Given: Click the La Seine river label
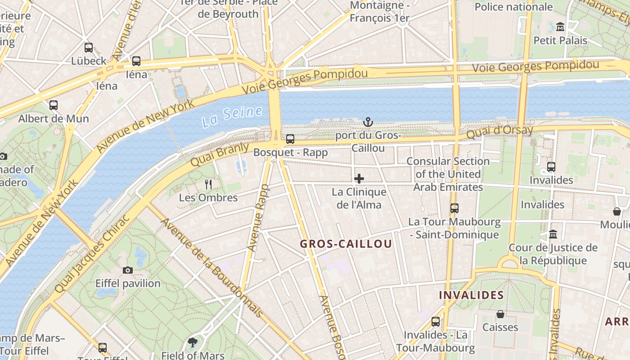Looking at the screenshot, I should (x=232, y=116).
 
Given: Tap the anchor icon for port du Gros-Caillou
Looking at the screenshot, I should (x=368, y=121).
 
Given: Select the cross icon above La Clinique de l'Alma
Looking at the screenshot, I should (x=359, y=179).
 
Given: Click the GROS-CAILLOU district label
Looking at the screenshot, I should (x=346, y=244).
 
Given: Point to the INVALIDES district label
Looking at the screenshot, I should (x=471, y=295).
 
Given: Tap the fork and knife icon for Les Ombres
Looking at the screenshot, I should (x=208, y=184).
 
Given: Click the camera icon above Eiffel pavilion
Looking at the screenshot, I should (x=128, y=270).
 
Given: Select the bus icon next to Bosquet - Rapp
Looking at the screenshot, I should (x=290, y=139).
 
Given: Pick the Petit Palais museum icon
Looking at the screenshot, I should (x=560, y=27).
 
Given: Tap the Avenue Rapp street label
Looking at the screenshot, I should (x=258, y=218).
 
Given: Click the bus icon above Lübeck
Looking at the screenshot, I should (x=89, y=47).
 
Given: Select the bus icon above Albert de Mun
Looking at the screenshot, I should (x=54, y=105).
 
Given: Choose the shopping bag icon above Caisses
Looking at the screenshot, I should (x=500, y=314).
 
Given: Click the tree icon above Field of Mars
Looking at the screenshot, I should (x=193, y=342).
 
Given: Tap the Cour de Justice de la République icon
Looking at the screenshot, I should (x=553, y=234).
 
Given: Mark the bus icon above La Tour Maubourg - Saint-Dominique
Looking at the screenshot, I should (x=454, y=208).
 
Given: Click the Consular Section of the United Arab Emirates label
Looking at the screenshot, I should (x=448, y=174).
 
